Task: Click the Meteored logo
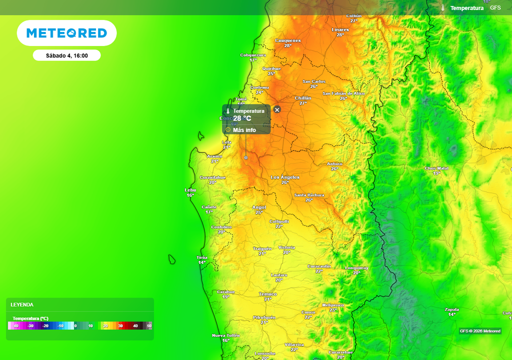66,33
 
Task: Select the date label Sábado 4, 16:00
66,55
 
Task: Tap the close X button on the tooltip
277,109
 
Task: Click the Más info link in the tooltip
244,130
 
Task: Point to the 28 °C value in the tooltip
242,118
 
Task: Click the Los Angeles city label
285,177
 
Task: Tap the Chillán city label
303,98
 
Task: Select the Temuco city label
268,294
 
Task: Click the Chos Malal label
436,168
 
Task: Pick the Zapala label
451,309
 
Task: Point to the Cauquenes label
288,40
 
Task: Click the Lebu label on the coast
190,190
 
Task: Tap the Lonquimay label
356,268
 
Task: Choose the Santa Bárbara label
309,195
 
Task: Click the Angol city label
259,207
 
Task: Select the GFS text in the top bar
495,8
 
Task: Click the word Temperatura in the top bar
466,8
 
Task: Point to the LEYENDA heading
22,304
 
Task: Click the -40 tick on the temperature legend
15,326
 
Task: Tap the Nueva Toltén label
225,335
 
